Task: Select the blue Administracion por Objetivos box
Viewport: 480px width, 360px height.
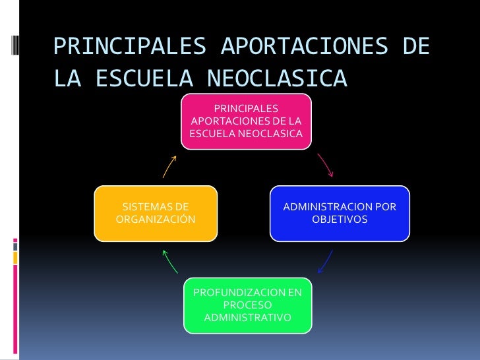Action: (340, 213)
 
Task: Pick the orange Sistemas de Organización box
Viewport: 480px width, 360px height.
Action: (156, 213)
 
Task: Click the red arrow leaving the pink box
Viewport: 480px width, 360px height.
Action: (325, 165)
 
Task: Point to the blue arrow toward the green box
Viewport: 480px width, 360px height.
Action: (324, 262)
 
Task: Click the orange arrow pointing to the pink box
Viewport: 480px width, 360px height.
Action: (170, 166)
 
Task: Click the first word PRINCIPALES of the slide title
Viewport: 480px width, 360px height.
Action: (130, 47)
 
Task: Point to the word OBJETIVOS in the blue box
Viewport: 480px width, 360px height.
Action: (340, 219)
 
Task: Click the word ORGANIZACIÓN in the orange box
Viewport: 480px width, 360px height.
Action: (156, 219)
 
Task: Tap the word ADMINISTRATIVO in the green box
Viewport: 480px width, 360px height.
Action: (247, 318)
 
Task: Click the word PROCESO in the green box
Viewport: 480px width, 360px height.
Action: (247, 305)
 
